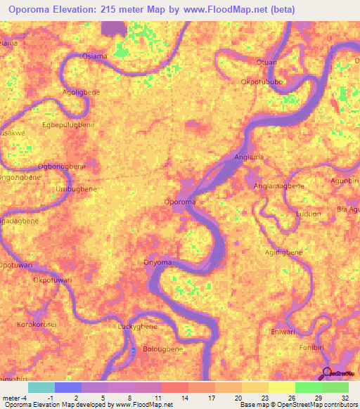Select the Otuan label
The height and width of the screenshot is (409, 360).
pyautogui.click(x=266, y=62)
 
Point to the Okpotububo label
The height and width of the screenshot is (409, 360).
pyautogui.click(x=262, y=82)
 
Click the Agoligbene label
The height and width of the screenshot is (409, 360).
pyautogui.click(x=81, y=92)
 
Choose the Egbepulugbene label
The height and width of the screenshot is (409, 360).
pyautogui.click(x=68, y=124)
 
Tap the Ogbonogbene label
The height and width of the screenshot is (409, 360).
pyautogui.click(x=62, y=167)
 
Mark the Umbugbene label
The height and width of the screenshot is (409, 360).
pyautogui.click(x=75, y=190)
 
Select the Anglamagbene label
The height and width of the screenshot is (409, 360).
pyautogui.click(x=278, y=186)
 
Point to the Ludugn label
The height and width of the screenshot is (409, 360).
pyautogui.click(x=309, y=213)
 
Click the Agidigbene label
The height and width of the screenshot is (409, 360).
pyautogui.click(x=284, y=252)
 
